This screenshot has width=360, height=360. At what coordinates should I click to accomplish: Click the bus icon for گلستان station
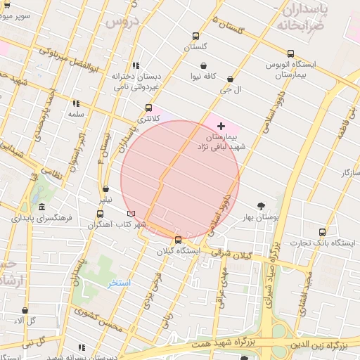(195, 37)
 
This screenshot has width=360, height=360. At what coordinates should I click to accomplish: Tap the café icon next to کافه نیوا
(203, 66)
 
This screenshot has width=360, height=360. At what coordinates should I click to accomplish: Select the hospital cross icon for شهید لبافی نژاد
(221, 125)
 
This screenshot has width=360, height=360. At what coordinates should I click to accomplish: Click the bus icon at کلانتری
(148, 108)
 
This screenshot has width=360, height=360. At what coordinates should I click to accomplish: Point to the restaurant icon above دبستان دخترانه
(135, 65)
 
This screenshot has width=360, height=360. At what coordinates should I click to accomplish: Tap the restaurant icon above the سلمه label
(75, 103)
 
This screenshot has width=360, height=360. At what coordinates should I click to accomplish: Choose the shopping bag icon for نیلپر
(105, 188)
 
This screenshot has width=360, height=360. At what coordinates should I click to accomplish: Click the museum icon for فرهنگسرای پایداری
(42, 207)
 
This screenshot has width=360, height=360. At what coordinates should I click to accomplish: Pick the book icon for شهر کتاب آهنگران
(131, 213)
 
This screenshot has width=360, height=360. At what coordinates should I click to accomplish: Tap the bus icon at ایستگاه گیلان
(177, 240)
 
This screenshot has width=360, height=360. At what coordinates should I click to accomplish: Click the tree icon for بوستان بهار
(262, 206)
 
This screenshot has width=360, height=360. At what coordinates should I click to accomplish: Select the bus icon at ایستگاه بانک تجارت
(322, 232)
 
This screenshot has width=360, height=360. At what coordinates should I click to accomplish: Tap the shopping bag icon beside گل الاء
(25, 310)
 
